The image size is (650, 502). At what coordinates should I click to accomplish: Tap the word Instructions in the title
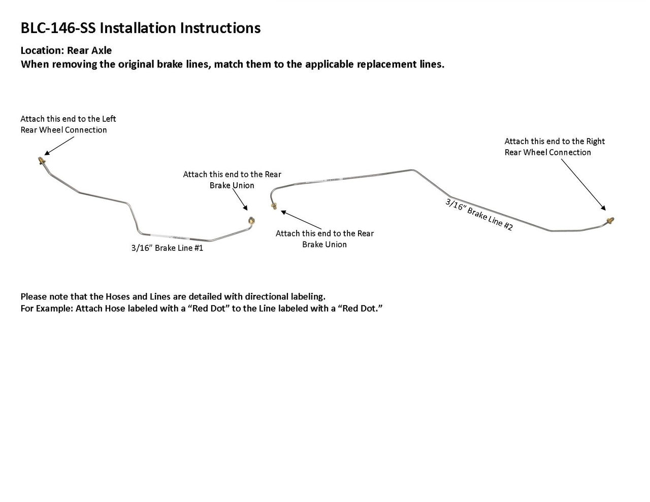220,28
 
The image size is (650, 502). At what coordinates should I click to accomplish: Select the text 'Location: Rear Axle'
66,50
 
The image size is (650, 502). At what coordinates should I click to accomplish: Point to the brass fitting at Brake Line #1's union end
250,220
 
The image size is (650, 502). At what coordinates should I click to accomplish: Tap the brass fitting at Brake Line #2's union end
274,206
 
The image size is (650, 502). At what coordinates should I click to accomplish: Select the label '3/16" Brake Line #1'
167,248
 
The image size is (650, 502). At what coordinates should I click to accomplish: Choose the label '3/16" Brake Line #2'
479,215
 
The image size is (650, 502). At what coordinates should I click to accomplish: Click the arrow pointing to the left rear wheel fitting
58,145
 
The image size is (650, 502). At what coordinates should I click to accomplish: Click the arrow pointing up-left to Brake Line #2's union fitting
300,219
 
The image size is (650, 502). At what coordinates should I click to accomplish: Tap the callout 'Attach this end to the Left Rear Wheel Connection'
68,124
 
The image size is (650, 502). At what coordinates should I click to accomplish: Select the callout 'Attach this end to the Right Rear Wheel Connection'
555,147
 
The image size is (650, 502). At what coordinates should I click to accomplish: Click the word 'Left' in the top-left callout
109,119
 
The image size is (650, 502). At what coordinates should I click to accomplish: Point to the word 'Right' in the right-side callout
595,141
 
